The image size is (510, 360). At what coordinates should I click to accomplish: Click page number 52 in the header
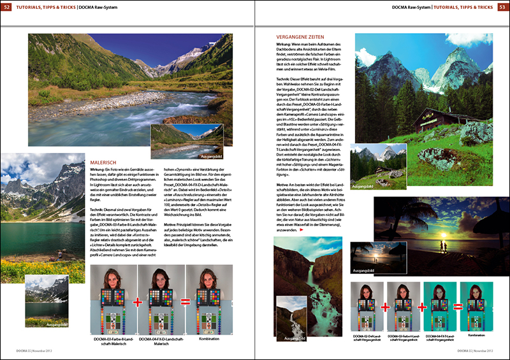tap(7, 7)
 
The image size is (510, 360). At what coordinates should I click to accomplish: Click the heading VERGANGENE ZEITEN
tap(301, 38)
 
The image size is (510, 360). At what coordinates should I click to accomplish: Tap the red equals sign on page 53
tap(458, 307)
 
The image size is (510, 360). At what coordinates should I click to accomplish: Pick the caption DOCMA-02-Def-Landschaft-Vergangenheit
tap(367, 337)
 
